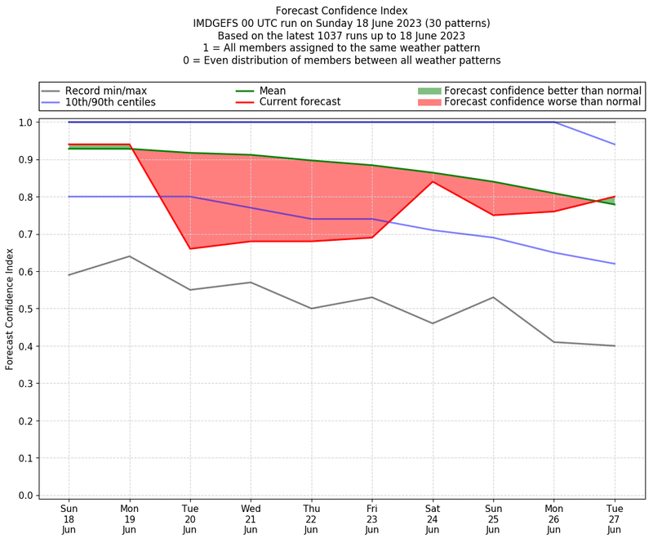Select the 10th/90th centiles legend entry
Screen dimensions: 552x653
point(110,102)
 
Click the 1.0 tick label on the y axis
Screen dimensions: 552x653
point(24,122)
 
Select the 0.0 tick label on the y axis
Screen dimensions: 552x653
point(24,495)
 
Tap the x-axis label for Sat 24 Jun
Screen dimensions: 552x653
point(433,519)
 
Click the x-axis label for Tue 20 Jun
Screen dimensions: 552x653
point(190,519)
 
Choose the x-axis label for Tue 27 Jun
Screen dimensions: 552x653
point(615,519)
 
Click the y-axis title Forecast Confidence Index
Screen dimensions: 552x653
point(10,309)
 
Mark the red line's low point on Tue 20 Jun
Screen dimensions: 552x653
point(190,248)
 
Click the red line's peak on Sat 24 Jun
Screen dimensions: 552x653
point(433,181)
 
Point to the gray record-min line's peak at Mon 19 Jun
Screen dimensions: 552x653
point(130,256)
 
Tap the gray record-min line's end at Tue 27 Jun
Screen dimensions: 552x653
point(615,345)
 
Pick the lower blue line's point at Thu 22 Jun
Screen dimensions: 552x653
point(311,219)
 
